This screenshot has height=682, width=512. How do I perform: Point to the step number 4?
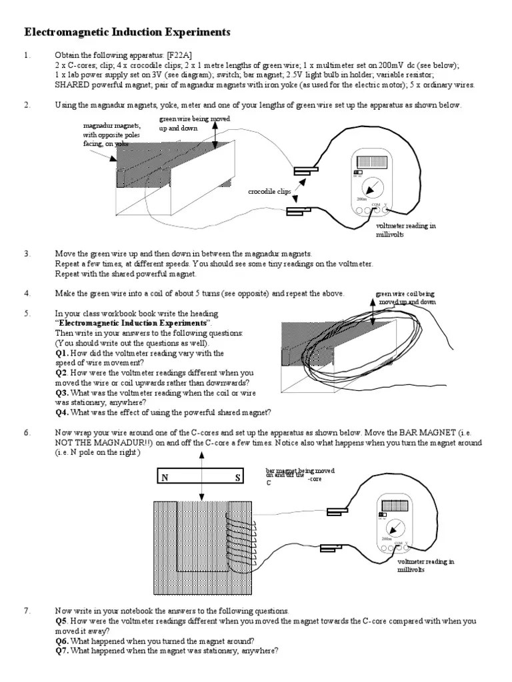[27, 294]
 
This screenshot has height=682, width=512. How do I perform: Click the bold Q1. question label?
[63, 353]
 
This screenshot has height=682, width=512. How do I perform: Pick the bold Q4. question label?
[63, 412]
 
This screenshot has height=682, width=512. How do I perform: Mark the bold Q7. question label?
[63, 651]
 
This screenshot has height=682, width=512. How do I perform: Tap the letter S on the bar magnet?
[237, 478]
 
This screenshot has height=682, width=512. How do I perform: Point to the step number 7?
[27, 611]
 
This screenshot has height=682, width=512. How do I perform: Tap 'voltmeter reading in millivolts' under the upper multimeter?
[405, 230]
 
